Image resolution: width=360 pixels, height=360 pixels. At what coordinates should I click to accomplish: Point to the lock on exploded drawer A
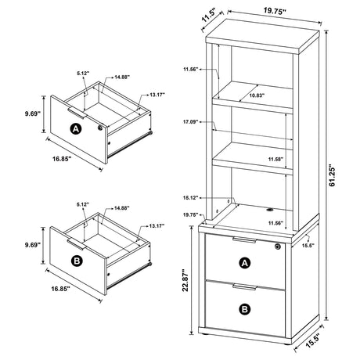click(99, 126)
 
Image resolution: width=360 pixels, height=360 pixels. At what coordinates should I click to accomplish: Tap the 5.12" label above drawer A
click(84, 74)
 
